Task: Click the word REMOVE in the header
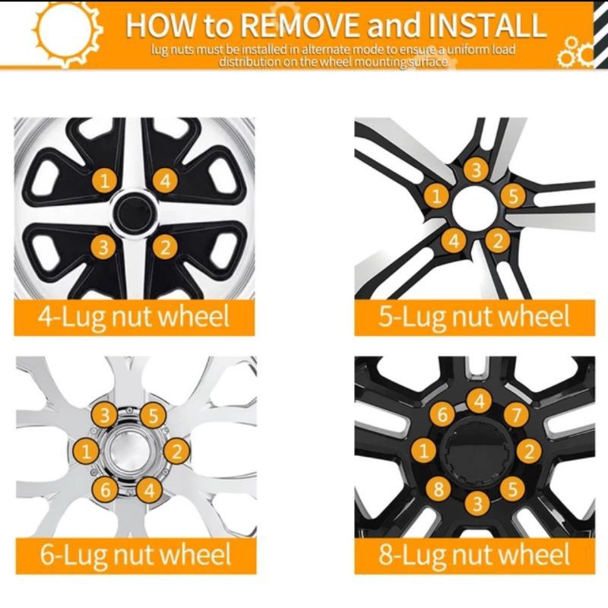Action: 301,25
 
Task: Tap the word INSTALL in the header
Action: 487,25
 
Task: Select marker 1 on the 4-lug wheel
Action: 104,181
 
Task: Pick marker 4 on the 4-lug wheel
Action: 165,181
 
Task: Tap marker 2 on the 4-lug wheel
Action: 165,247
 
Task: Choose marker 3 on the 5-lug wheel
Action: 477,169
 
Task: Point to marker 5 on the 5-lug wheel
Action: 513,196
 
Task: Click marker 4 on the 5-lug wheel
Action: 454,241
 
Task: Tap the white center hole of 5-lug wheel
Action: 475,208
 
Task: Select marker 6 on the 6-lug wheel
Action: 105,489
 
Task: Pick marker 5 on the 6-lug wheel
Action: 154,416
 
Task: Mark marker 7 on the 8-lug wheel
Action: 517,415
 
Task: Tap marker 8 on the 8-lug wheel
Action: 439,488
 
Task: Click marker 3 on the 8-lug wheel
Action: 478,503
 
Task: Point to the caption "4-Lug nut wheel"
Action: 135,317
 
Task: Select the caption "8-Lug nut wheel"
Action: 474,556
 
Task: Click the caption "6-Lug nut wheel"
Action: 136,556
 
